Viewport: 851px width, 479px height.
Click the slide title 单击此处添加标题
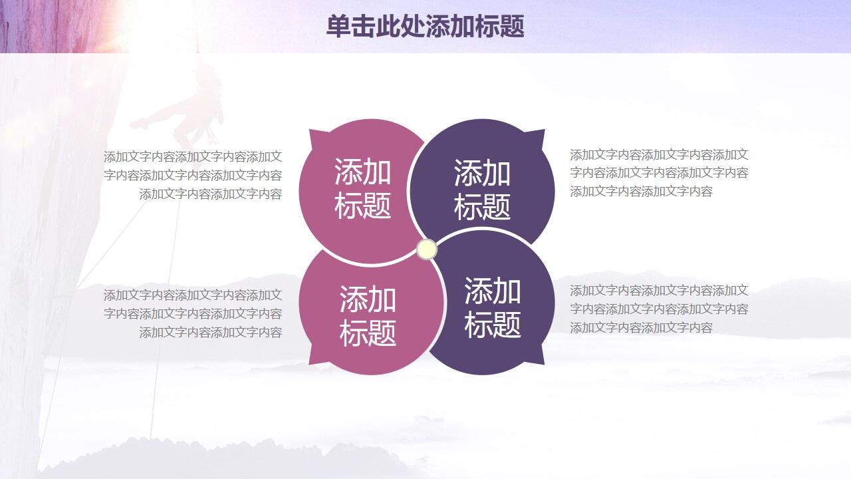[x=425, y=27]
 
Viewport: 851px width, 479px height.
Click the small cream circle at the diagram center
[x=426, y=249]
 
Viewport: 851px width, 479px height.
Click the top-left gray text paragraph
[x=193, y=176]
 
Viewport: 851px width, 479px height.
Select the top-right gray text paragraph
[x=659, y=173]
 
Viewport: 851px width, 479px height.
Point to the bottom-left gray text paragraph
[x=193, y=313]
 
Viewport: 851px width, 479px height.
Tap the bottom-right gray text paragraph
[x=659, y=309]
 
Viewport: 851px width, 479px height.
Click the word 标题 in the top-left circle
[x=362, y=206]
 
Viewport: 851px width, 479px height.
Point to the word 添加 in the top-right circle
[x=482, y=173]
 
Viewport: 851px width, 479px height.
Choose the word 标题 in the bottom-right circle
[x=493, y=325]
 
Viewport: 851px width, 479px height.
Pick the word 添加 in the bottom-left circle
[x=368, y=299]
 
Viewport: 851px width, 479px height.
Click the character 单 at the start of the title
[x=337, y=27]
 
